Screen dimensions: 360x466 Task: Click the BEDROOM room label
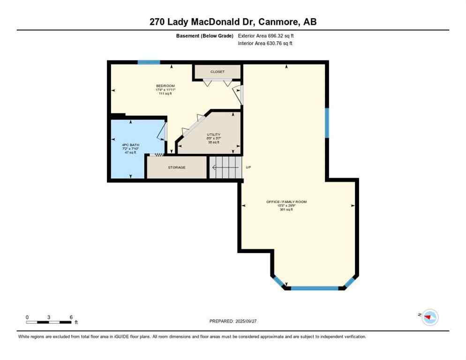165,86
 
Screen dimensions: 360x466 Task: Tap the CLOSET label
218,72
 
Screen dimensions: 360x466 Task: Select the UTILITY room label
213,135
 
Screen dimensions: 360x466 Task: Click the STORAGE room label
177,167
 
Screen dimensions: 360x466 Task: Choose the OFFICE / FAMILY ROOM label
286,202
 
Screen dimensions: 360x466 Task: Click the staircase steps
225,167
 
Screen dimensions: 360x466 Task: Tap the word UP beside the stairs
248,167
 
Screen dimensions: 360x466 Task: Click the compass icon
429,317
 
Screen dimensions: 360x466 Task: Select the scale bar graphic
49,322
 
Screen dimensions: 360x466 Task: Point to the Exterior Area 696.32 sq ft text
266,36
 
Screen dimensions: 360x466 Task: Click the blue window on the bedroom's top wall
149,62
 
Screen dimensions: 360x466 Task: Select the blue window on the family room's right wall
327,123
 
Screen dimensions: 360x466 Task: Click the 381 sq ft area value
286,210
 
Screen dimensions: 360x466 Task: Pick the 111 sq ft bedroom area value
165,94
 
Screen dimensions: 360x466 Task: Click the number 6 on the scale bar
71,317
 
